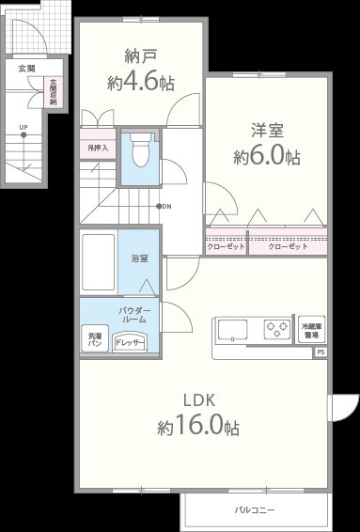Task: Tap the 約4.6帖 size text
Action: pos(139,83)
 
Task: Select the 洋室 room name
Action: pos(267,130)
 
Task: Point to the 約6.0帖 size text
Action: pos(267,157)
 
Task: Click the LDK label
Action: pos(199,398)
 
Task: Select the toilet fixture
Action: pos(141,150)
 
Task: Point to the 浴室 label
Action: pos(140,258)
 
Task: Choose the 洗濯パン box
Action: pos(95,339)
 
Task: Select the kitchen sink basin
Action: pos(234,330)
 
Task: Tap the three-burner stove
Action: pos(276,330)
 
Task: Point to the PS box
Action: pos(320,352)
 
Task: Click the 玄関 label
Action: pos(26,69)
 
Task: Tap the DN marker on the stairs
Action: pos(164,206)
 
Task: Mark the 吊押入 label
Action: pos(99,148)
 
